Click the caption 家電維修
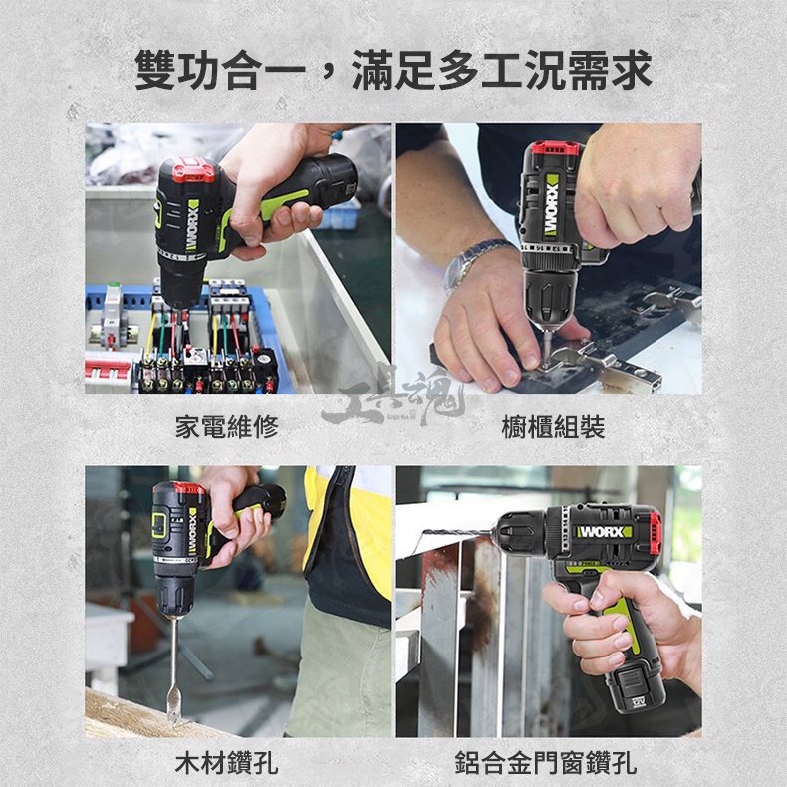[x=227, y=426]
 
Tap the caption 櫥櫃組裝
[x=553, y=426]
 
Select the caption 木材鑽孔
[x=227, y=762]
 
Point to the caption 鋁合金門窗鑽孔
[x=546, y=762]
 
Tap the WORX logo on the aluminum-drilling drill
[x=604, y=532]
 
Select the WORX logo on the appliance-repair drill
[x=192, y=224]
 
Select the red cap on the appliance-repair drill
[x=192, y=170]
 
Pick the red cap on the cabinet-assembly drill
[x=555, y=148]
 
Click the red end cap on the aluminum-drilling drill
[x=656, y=533]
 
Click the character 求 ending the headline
[x=631, y=70]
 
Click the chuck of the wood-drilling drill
[x=174, y=595]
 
